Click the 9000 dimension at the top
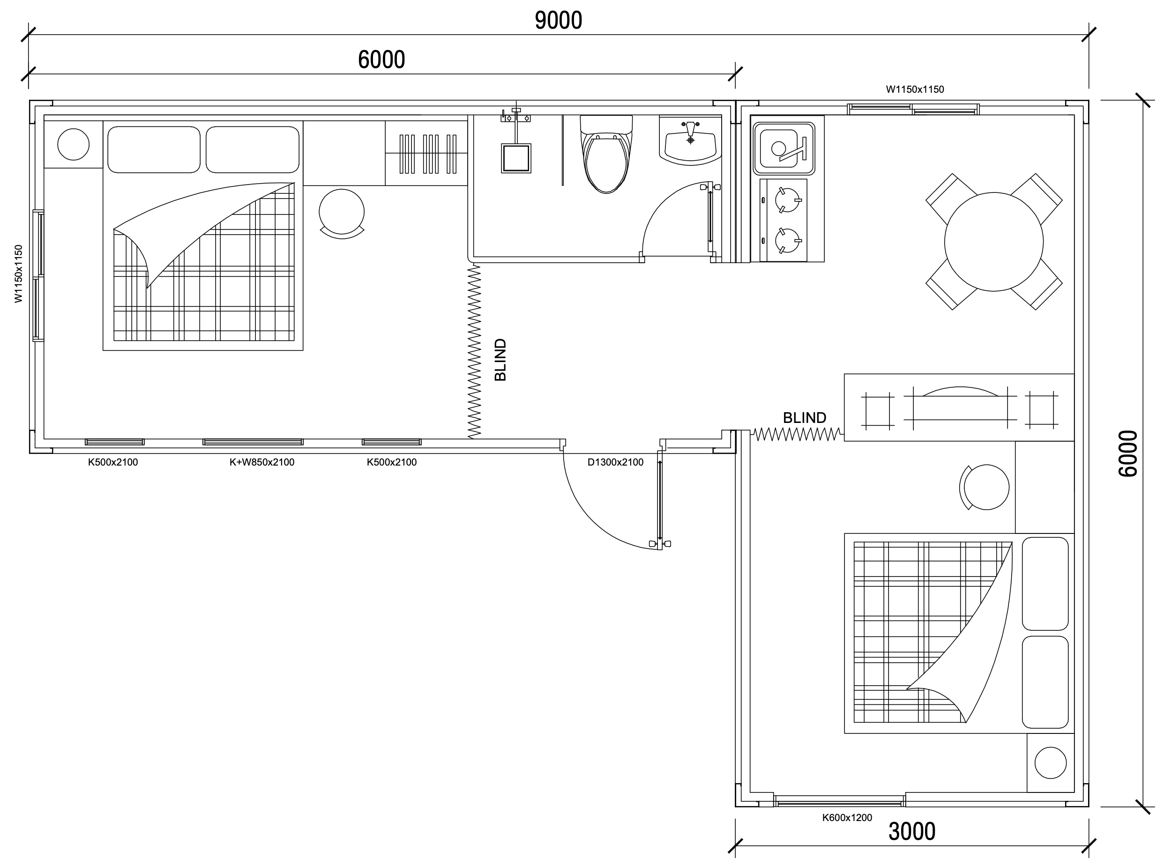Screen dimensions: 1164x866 click(x=559, y=21)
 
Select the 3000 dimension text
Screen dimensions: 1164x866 click(x=912, y=831)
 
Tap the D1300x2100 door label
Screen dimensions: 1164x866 click(x=615, y=462)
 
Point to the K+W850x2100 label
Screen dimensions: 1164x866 click(x=261, y=462)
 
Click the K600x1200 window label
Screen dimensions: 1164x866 click(x=847, y=817)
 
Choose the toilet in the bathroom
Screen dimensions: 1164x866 click(x=606, y=154)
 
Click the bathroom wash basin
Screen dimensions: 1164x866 click(x=690, y=141)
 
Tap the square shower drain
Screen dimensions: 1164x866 click(x=516, y=158)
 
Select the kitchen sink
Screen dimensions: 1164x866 click(x=784, y=148)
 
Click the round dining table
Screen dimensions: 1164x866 click(x=993, y=242)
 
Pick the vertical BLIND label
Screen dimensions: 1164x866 click(x=501, y=360)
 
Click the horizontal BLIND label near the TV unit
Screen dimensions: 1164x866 click(x=804, y=418)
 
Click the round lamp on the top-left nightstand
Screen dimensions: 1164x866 click(x=74, y=144)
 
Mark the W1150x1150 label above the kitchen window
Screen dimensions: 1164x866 click(x=915, y=89)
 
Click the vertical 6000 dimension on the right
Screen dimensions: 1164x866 click(x=1128, y=453)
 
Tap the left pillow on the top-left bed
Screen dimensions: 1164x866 click(x=154, y=149)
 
